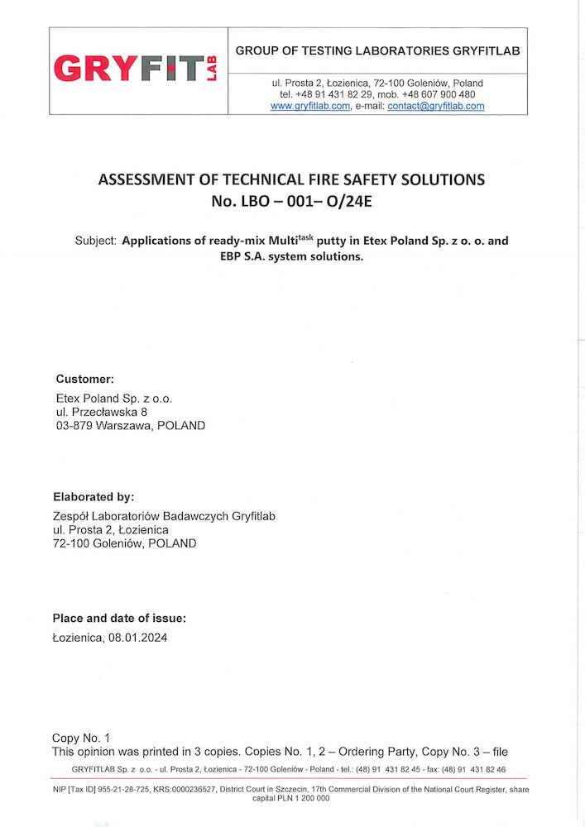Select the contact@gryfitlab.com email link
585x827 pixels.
tap(436, 107)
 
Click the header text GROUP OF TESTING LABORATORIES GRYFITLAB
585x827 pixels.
tap(377, 51)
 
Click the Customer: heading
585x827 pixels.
tap(84, 379)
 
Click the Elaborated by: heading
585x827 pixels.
tap(93, 497)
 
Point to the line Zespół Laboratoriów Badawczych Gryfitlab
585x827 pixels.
tap(164, 516)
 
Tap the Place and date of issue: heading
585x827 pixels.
tap(119, 618)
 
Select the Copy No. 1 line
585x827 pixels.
tap(80, 738)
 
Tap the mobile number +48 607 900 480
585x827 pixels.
tap(439, 95)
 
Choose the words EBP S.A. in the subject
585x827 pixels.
tap(237, 256)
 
